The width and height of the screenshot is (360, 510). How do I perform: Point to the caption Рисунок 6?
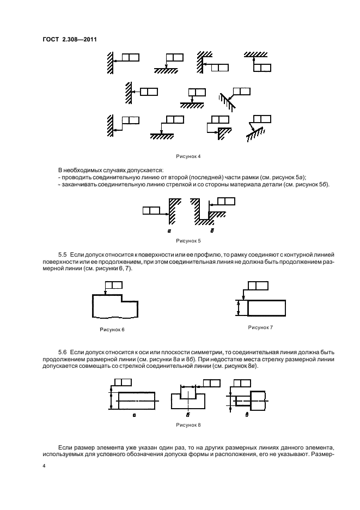[x=111, y=329]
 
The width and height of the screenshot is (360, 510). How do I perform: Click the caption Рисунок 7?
[x=260, y=327]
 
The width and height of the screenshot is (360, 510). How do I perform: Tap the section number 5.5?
[x=63, y=254]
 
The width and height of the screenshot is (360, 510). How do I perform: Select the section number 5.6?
[x=63, y=354]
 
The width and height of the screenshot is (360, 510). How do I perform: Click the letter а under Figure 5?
[x=170, y=231]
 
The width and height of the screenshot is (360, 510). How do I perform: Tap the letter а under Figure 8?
[x=134, y=414]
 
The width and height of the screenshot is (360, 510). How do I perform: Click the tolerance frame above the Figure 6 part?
[x=113, y=285]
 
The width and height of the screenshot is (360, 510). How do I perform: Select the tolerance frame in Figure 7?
[x=258, y=286]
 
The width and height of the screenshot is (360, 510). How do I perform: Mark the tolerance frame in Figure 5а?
[x=151, y=209]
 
